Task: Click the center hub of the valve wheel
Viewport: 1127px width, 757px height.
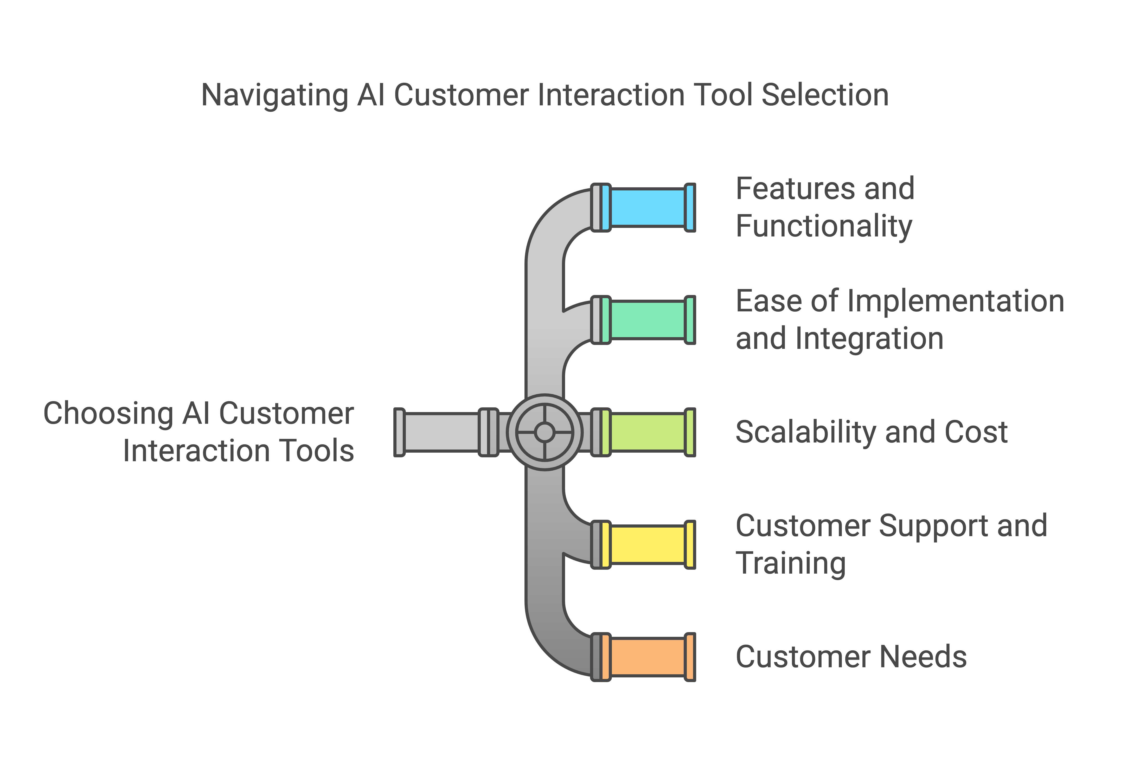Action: [x=545, y=432]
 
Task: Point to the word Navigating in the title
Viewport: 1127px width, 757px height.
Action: [x=274, y=95]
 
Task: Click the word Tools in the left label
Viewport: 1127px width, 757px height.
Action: [x=316, y=451]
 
